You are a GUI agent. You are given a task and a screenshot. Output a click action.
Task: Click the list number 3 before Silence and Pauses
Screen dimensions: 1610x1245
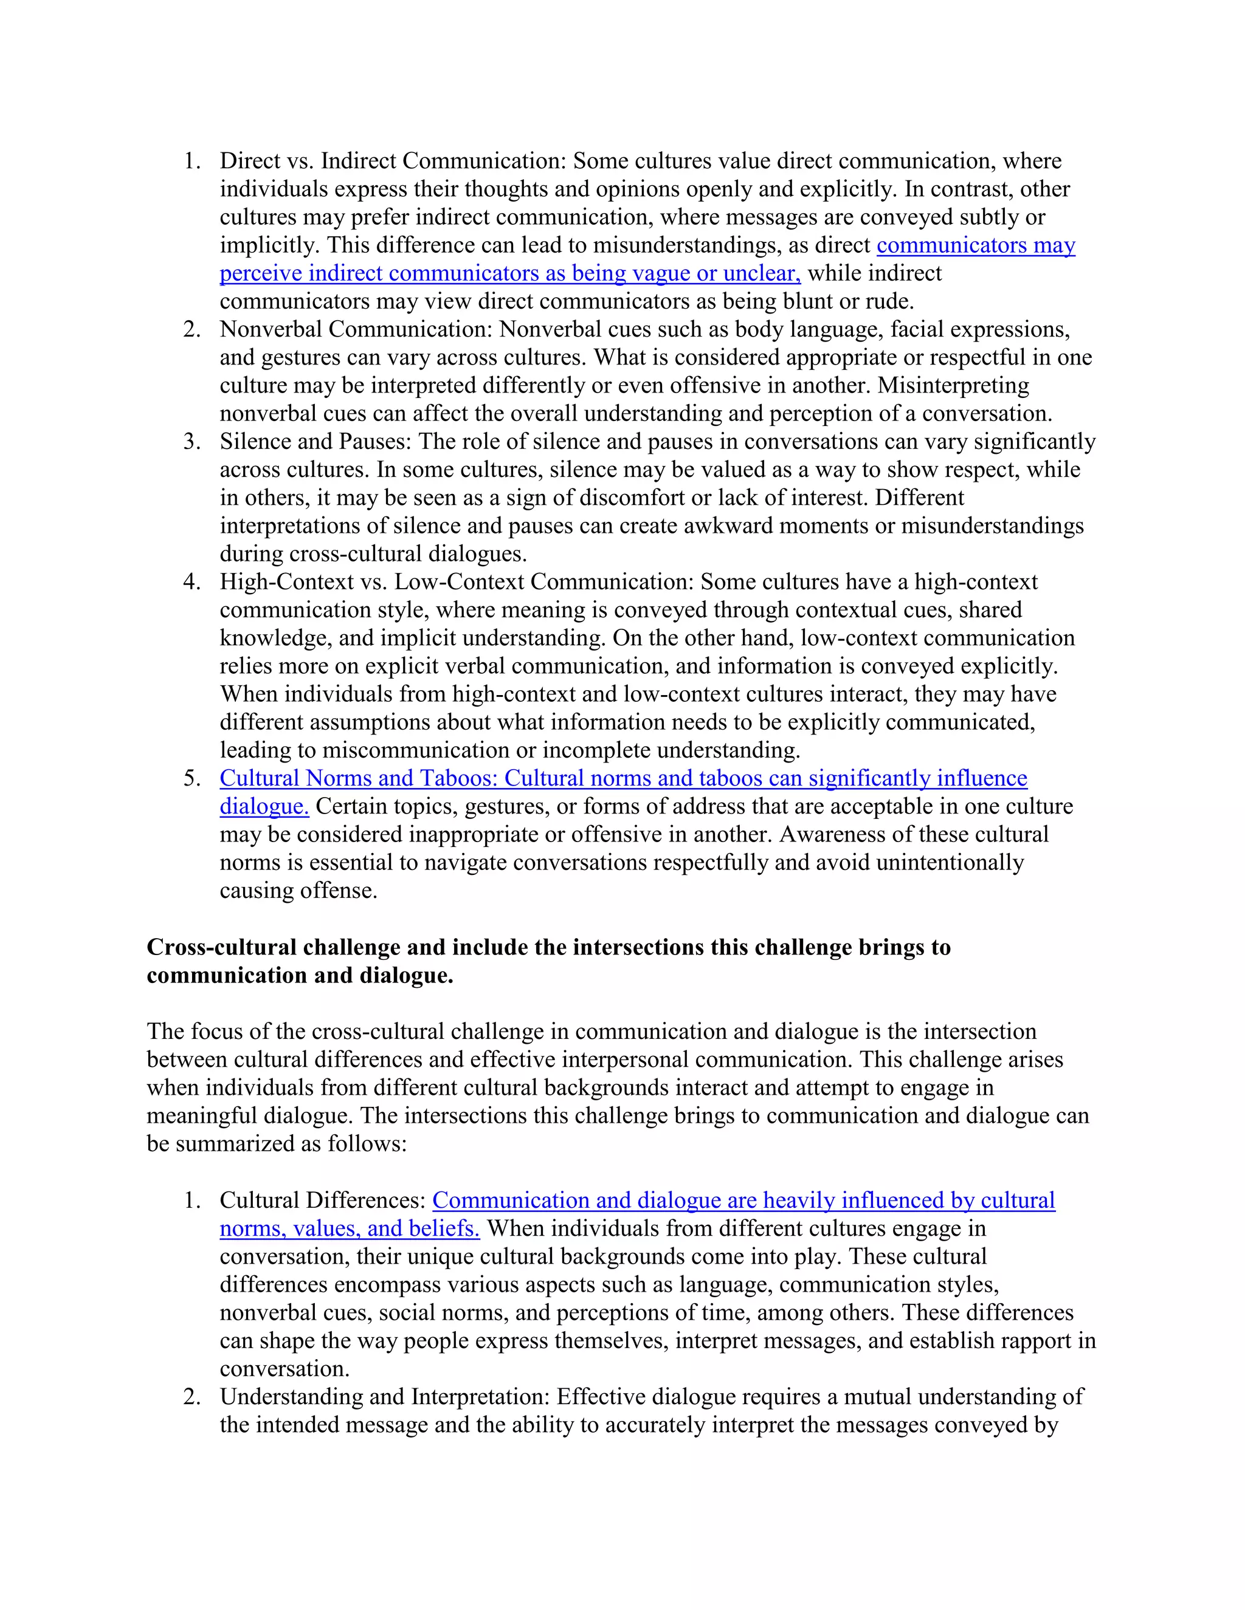point(191,442)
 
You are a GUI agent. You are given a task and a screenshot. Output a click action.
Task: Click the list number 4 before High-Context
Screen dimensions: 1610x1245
point(191,581)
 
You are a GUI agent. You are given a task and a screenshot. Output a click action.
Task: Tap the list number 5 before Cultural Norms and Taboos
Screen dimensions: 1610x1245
point(191,778)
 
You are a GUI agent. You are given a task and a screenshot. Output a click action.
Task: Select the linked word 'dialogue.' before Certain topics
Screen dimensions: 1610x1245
point(264,806)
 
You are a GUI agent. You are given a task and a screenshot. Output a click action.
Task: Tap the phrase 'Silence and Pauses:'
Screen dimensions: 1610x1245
point(316,442)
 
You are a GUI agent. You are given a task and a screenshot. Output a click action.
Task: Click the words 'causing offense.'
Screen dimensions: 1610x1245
point(298,891)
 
